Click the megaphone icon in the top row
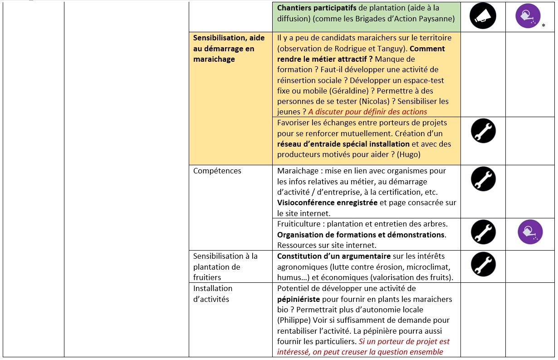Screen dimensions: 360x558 coord(483,17)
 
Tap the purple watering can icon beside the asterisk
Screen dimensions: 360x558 coord(528,16)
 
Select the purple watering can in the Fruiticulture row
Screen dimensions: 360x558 coord(530,232)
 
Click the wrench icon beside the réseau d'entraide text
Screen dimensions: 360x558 coord(483,131)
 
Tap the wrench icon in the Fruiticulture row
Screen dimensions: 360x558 coord(483,232)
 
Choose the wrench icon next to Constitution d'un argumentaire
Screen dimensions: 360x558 coord(483,265)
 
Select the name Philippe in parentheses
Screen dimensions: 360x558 coord(294,320)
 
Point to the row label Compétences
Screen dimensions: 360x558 coord(217,171)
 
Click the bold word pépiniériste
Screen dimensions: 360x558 coord(299,299)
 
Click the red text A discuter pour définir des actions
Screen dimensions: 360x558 coord(367,112)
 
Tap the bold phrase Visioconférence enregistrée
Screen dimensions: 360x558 coord(327,202)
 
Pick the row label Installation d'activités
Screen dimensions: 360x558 coord(212,293)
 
